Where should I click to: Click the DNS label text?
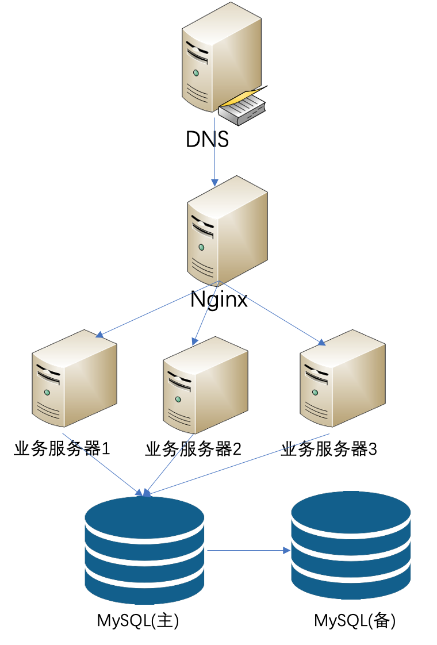click(207, 139)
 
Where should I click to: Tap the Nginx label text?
click(219, 300)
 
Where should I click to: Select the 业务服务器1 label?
click(62, 448)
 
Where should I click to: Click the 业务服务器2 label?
click(193, 449)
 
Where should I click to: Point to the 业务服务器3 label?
click(329, 449)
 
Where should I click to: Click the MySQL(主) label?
click(138, 620)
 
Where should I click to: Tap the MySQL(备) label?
click(355, 620)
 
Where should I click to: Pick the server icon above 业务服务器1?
click(75, 378)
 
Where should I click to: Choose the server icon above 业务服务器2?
click(205, 385)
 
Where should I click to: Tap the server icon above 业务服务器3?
click(343, 378)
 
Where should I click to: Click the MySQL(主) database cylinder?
click(144, 550)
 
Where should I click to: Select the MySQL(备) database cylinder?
click(351, 545)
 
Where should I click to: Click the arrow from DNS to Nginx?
click(215, 152)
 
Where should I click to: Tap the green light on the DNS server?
click(196, 73)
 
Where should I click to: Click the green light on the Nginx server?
click(201, 247)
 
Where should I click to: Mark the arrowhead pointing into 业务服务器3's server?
click(321, 342)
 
